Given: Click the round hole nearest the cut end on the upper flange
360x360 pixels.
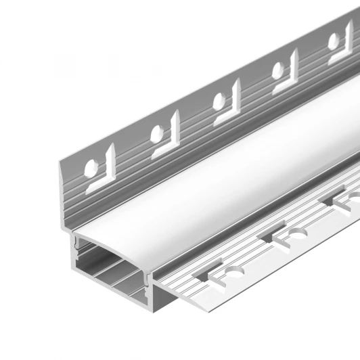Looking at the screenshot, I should click(91, 167).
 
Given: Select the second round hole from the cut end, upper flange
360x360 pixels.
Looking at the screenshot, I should click(160, 133).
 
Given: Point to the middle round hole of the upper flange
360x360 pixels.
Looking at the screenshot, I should click(217, 103).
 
